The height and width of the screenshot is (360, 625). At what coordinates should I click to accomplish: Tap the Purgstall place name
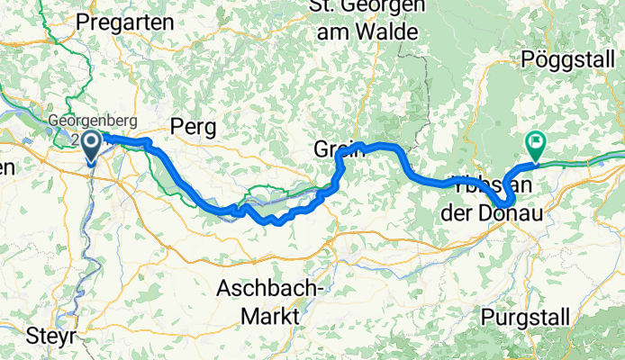[525, 316]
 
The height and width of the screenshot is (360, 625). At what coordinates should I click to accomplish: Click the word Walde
[388, 32]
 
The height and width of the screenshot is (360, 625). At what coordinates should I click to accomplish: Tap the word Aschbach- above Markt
[272, 290]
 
